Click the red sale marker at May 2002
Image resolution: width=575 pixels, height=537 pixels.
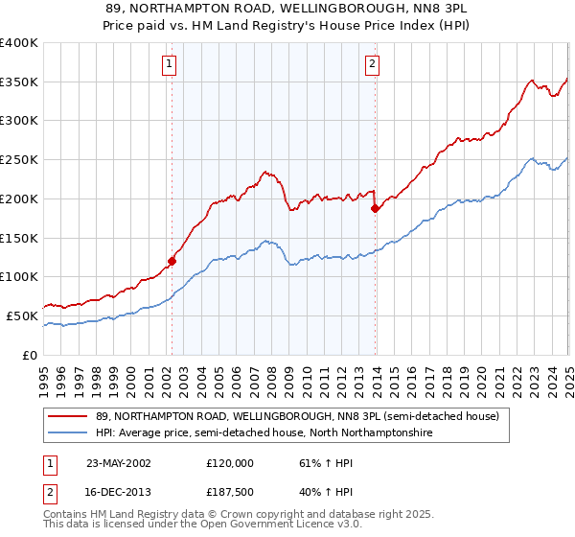coord(172,260)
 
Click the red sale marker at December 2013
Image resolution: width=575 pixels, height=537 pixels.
coord(375,208)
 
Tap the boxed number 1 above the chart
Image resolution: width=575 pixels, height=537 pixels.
coord(169,64)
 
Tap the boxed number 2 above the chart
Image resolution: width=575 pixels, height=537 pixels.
coord(371,64)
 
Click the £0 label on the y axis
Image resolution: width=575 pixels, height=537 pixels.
coord(32,355)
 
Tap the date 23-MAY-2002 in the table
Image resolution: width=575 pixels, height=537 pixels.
coord(119,462)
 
